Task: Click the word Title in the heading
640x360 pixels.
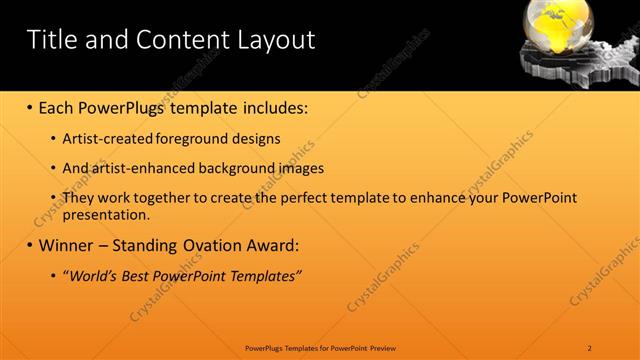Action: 50,40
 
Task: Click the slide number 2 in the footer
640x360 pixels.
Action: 590,347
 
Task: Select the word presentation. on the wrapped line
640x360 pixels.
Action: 106,214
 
